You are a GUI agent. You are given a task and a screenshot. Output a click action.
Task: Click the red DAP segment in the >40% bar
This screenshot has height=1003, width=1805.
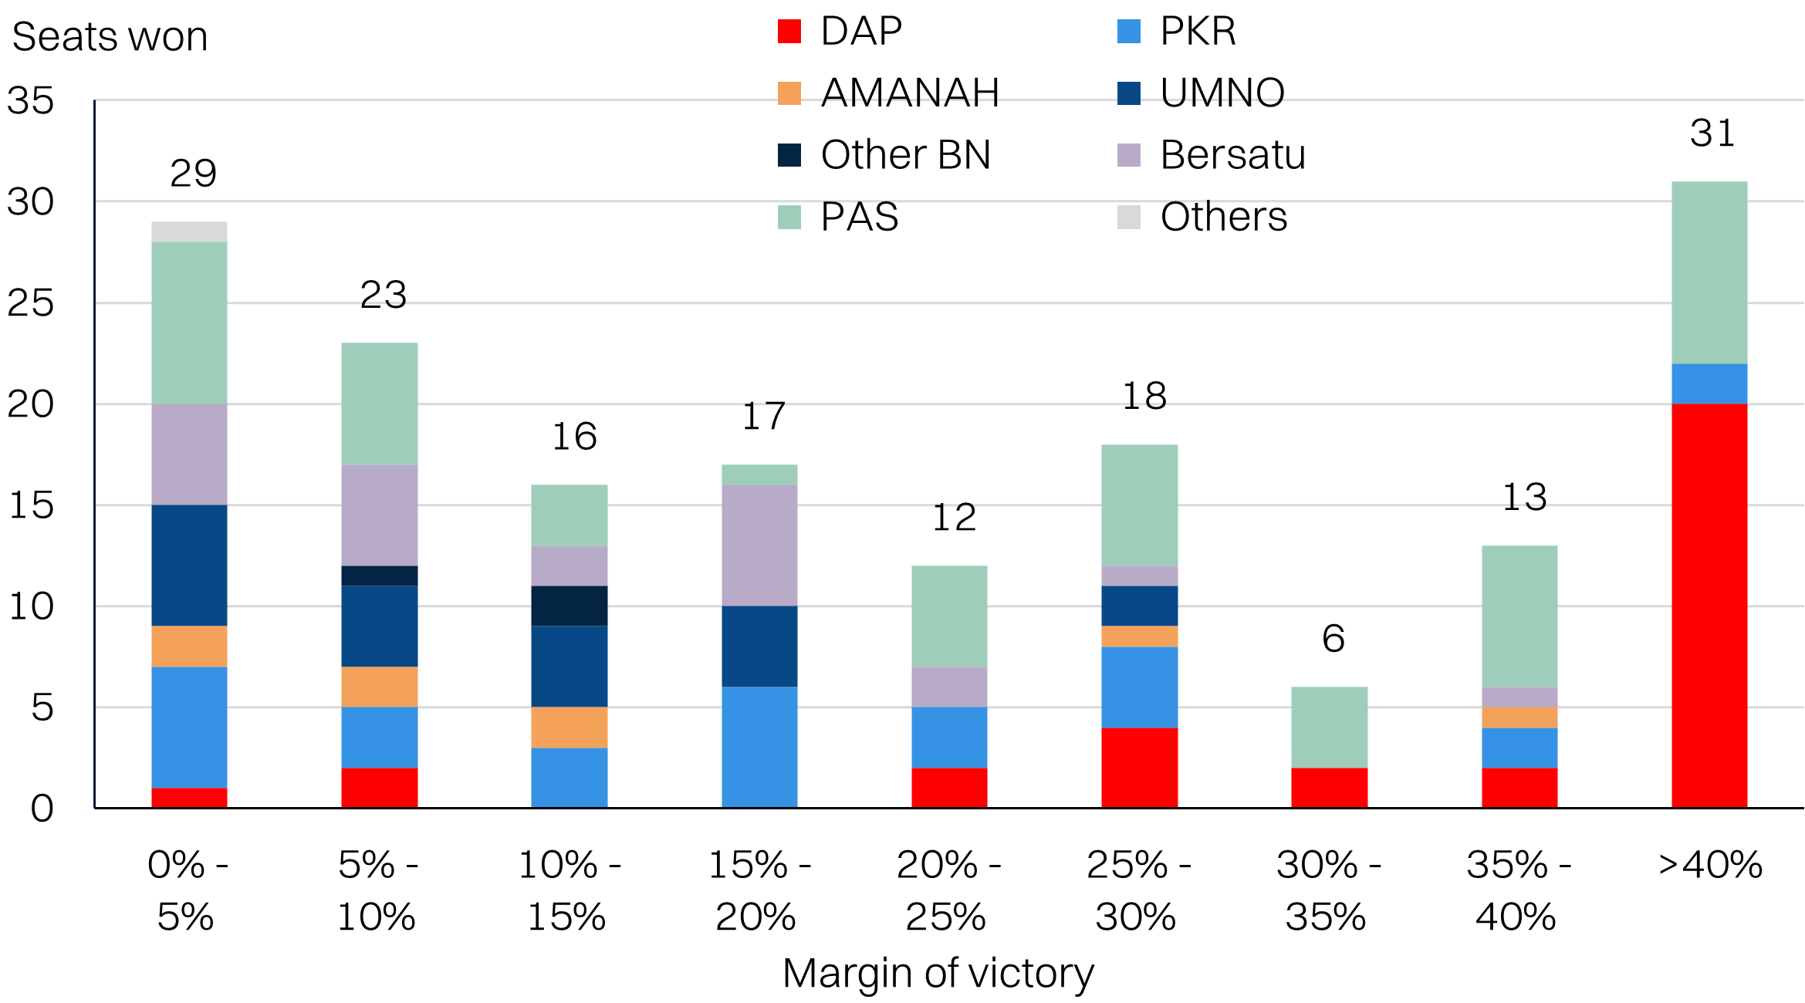(x=1709, y=606)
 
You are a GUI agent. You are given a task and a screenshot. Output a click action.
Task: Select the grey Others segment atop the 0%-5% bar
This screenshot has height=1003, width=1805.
(x=189, y=231)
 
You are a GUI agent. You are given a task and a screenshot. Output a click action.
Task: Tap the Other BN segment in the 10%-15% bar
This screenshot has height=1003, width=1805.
(x=569, y=606)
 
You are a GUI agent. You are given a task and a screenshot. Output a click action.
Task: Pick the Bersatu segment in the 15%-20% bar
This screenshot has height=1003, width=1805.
(x=759, y=545)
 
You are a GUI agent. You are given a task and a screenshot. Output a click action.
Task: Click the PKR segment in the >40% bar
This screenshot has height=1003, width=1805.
(x=1709, y=383)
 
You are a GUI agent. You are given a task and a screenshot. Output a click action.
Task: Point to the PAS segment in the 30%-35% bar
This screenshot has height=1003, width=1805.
(x=1329, y=727)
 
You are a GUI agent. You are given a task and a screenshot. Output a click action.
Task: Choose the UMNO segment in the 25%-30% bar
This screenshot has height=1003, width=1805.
(x=1139, y=606)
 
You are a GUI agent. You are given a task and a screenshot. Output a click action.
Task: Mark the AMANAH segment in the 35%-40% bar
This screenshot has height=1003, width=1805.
(x=1519, y=718)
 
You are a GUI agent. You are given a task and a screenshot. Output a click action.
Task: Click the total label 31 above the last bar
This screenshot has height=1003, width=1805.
(x=1712, y=133)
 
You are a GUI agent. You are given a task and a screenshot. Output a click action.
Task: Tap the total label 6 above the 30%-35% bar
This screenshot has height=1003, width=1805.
(x=1333, y=639)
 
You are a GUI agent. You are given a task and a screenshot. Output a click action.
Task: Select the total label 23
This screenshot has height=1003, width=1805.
(x=383, y=295)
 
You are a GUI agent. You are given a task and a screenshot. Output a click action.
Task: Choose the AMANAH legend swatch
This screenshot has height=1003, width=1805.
(x=789, y=93)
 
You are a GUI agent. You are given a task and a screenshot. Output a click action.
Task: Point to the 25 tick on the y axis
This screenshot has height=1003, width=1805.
(x=31, y=303)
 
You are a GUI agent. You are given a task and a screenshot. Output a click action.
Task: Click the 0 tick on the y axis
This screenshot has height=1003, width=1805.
(x=42, y=809)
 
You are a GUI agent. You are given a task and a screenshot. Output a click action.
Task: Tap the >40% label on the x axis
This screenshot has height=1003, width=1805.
(x=1710, y=865)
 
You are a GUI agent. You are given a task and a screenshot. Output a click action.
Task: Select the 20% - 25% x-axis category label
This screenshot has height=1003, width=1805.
(x=948, y=890)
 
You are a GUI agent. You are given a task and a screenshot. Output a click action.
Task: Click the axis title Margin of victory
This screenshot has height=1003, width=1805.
(x=938, y=974)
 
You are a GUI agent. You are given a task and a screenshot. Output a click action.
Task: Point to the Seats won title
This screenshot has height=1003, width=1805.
(x=110, y=37)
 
